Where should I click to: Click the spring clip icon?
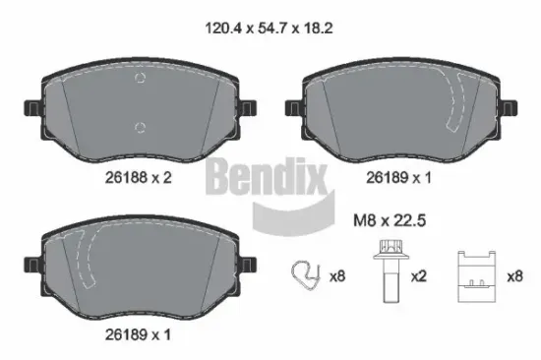point(306,276)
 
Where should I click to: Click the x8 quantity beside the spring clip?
point(337,277)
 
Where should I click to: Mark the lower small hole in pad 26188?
point(141,125)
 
